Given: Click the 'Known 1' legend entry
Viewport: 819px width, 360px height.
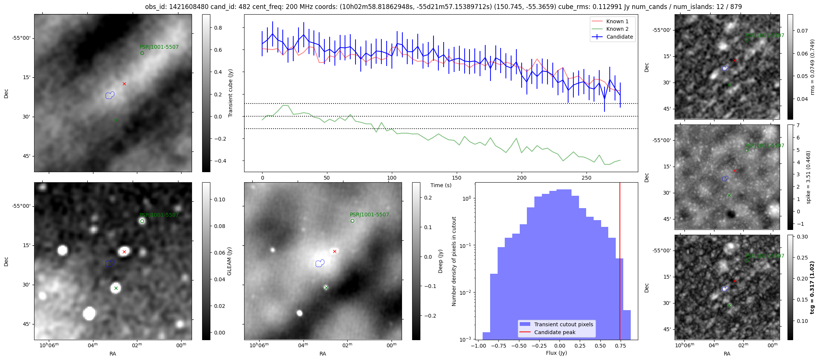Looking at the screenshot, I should click(x=617, y=21).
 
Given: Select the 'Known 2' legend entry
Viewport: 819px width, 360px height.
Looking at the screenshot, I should click(x=617, y=29).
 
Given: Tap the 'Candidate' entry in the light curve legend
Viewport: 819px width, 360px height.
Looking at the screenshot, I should click(x=619, y=37).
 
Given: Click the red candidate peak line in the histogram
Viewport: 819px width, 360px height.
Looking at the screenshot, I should click(x=620, y=262).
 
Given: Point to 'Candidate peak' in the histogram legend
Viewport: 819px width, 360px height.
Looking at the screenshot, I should click(x=555, y=332).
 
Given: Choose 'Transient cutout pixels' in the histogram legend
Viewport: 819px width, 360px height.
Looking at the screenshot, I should click(x=564, y=324).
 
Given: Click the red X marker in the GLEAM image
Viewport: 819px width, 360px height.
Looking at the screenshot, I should click(x=124, y=252).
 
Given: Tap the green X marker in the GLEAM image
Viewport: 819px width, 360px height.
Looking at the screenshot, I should click(x=116, y=288).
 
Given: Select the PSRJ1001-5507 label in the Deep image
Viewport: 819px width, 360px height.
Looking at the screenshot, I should click(x=369, y=215).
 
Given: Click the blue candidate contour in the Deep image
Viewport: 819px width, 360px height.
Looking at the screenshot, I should click(x=320, y=263).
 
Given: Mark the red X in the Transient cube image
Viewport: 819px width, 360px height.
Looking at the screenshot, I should click(x=124, y=84).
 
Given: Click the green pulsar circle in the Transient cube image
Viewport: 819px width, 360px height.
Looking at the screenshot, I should click(x=142, y=53).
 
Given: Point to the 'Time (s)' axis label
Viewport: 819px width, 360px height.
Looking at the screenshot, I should click(x=441, y=185).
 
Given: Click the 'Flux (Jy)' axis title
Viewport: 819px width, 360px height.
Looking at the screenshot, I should click(x=556, y=353).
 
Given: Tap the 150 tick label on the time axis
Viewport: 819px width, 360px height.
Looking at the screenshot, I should click(x=456, y=178).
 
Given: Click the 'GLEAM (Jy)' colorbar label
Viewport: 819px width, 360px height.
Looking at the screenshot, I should click(x=229, y=261).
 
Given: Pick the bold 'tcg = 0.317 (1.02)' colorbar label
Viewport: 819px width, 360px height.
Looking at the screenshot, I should click(x=812, y=287).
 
